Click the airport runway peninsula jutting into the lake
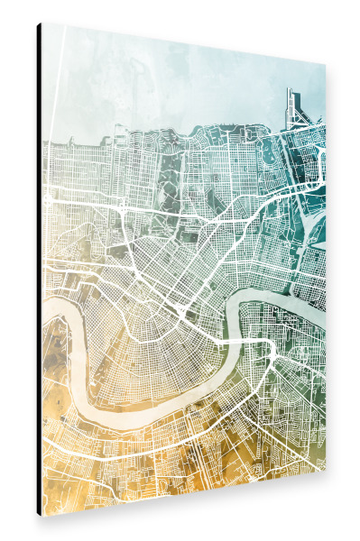(x=294, y=107)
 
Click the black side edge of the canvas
(x=39, y=270)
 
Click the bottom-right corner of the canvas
(x=326, y=469)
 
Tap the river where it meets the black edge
(x=44, y=311)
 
